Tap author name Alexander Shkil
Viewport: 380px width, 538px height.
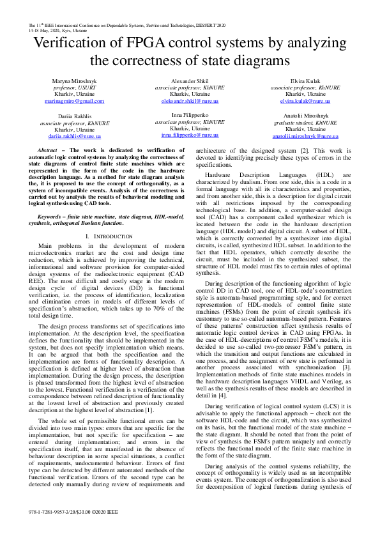(x=190, y=81)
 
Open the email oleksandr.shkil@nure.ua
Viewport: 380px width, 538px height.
(x=190, y=101)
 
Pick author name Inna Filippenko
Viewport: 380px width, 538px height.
(x=190, y=116)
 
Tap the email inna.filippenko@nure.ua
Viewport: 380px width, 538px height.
(x=190, y=135)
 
